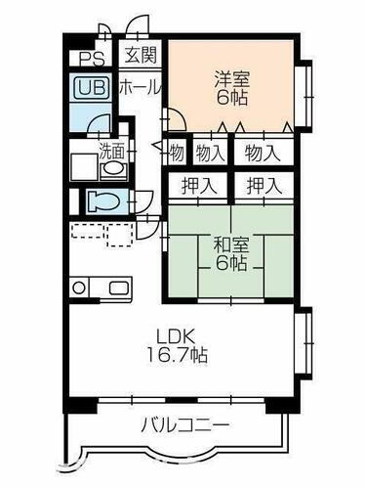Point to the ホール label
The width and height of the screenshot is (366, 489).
[140, 87]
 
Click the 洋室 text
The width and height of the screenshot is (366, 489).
[229, 77]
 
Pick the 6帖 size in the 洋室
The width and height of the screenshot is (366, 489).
[229, 99]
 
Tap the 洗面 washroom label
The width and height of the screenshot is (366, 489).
[110, 152]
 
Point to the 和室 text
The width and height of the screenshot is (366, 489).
[230, 242]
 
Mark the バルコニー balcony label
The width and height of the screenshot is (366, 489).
[184, 426]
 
